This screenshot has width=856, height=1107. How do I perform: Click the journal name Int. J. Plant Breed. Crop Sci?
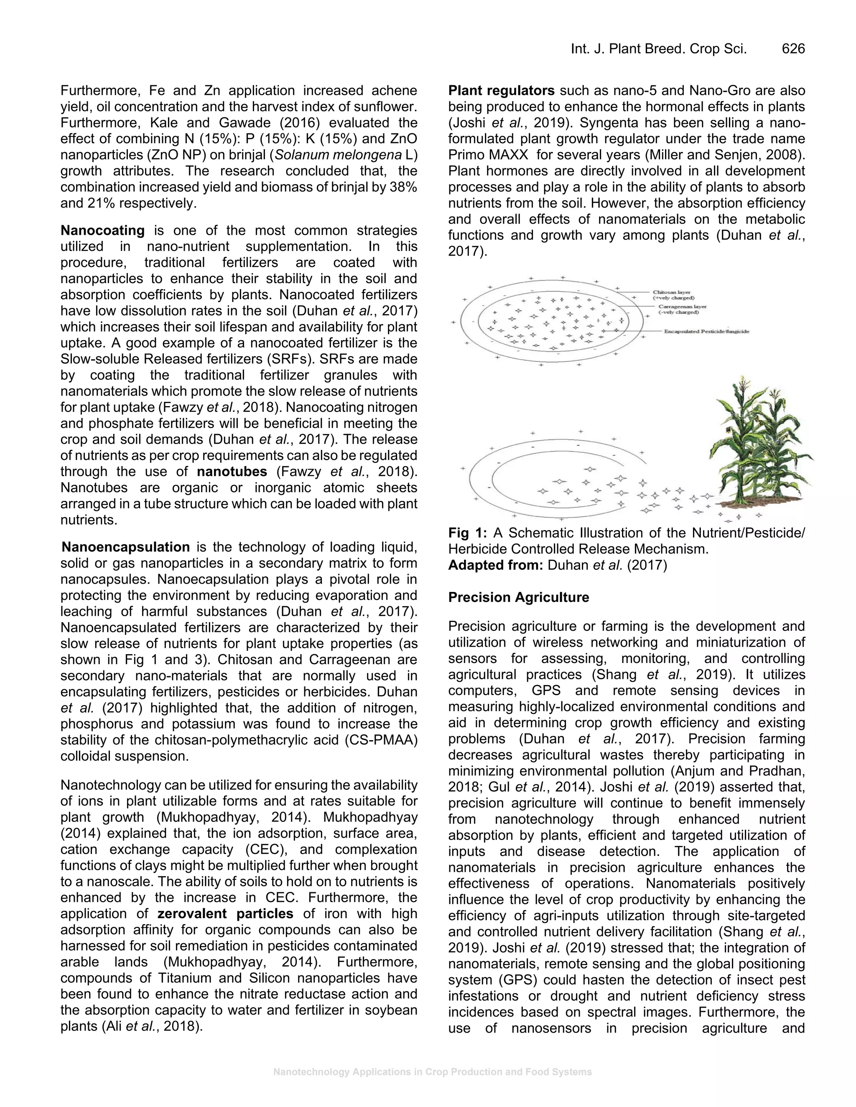pos(659,48)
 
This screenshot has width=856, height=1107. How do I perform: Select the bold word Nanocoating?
pos(102,230)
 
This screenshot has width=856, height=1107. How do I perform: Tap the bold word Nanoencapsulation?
pos(126,547)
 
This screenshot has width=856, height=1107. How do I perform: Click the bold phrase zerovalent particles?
pos(225,913)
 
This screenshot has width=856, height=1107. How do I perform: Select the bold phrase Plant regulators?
pos(501,91)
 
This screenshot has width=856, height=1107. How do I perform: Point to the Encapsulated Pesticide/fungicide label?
pos(706,332)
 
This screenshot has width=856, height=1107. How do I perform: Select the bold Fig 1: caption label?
pos(467,533)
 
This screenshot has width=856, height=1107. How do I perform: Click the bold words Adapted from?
pos(495,565)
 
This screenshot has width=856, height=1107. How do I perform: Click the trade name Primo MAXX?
pos(488,155)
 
